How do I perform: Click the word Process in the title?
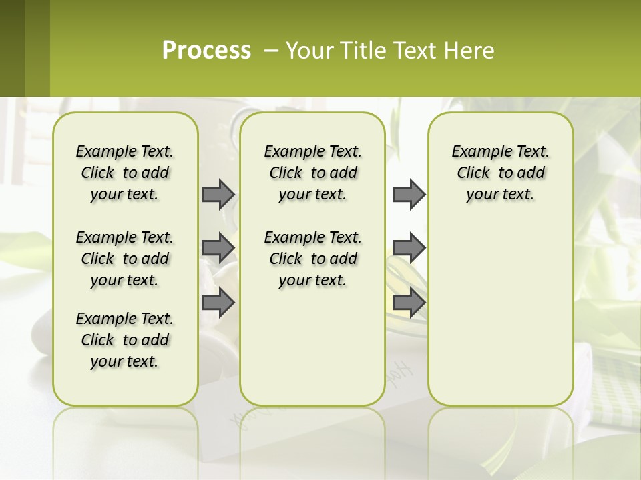point(206,50)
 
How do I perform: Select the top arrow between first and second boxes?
point(218,194)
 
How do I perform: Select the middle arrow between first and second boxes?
point(218,247)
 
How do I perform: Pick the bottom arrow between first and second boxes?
point(218,302)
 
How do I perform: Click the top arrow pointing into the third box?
point(409,194)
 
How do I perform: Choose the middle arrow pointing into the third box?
point(409,247)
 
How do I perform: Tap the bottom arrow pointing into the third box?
point(409,302)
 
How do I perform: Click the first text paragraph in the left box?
point(125,173)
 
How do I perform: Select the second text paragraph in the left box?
point(125,259)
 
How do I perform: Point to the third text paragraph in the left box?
point(125,340)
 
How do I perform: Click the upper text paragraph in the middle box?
point(312,173)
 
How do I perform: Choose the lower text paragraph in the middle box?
point(312,259)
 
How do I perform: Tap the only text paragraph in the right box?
point(500,173)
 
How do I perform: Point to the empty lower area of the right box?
point(500,313)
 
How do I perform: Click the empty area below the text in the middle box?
point(312,347)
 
